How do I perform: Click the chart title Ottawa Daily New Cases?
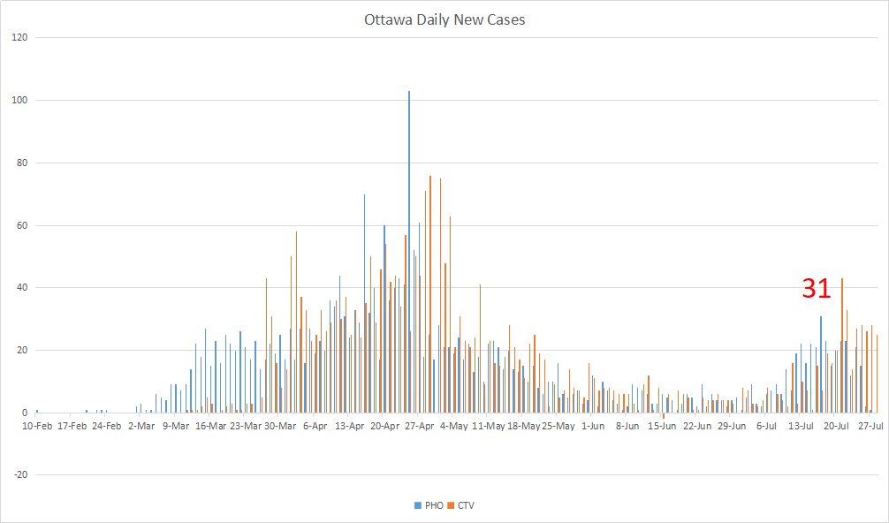click(444, 19)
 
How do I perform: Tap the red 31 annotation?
click(817, 288)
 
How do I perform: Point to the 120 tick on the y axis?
click(19, 38)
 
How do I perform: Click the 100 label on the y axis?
click(19, 101)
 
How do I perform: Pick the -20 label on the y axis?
click(20, 475)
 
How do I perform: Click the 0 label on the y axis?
click(25, 413)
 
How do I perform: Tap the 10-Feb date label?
click(36, 426)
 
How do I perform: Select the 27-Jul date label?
click(871, 426)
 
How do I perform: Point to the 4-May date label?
click(454, 426)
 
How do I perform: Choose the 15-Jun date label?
click(663, 426)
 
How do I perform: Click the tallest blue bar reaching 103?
click(409, 252)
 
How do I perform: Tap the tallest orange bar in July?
click(842, 345)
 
